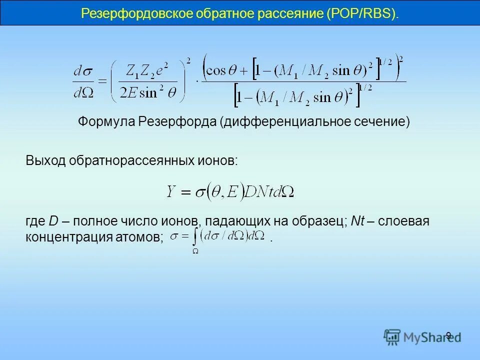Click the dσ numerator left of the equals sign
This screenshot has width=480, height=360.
pos(83,71)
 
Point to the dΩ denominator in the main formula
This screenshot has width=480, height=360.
pos(83,93)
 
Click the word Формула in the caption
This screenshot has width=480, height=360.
pos(106,121)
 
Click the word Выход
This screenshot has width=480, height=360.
pos(46,160)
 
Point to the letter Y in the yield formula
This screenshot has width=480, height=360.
pos(171,191)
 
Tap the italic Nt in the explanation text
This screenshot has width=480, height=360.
pos(357,221)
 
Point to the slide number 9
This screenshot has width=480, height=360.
pos(448,335)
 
